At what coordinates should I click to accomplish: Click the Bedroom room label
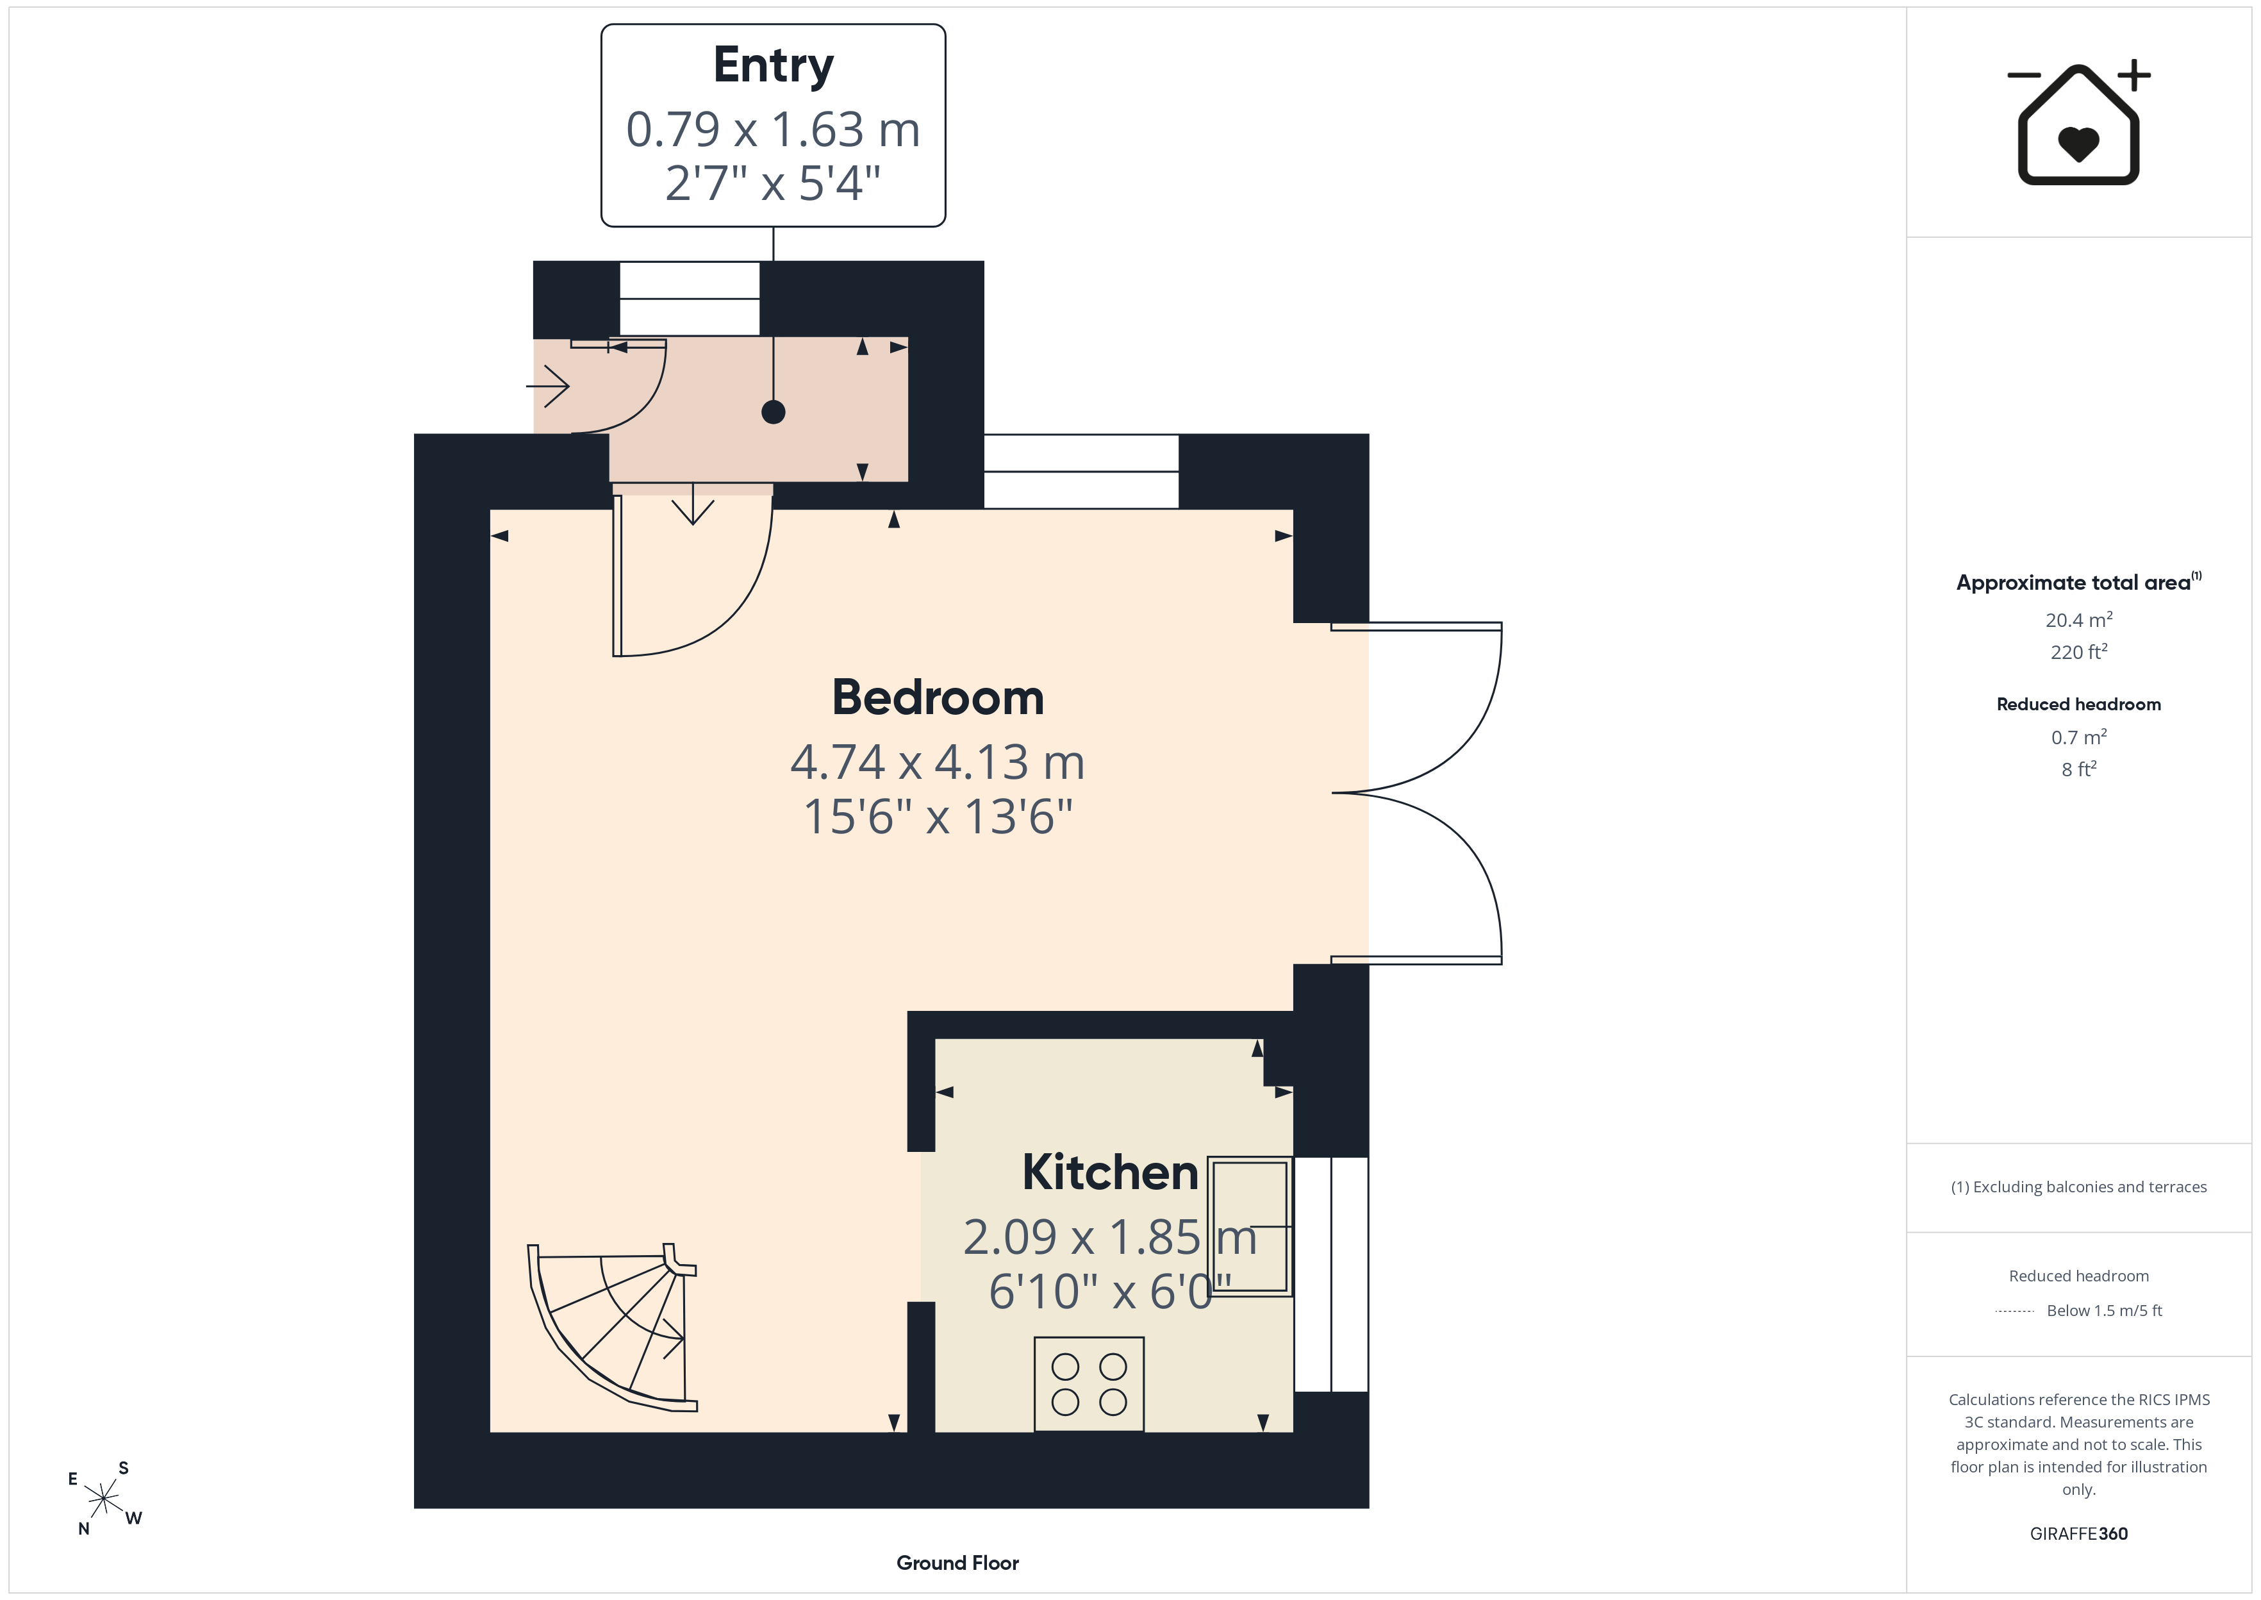[x=938, y=697]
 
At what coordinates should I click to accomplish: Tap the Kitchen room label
[x=1110, y=1172]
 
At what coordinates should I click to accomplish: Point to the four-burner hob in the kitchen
[x=1088, y=1384]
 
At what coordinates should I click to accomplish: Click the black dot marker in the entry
[x=773, y=412]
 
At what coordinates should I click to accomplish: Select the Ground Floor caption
[x=957, y=1563]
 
